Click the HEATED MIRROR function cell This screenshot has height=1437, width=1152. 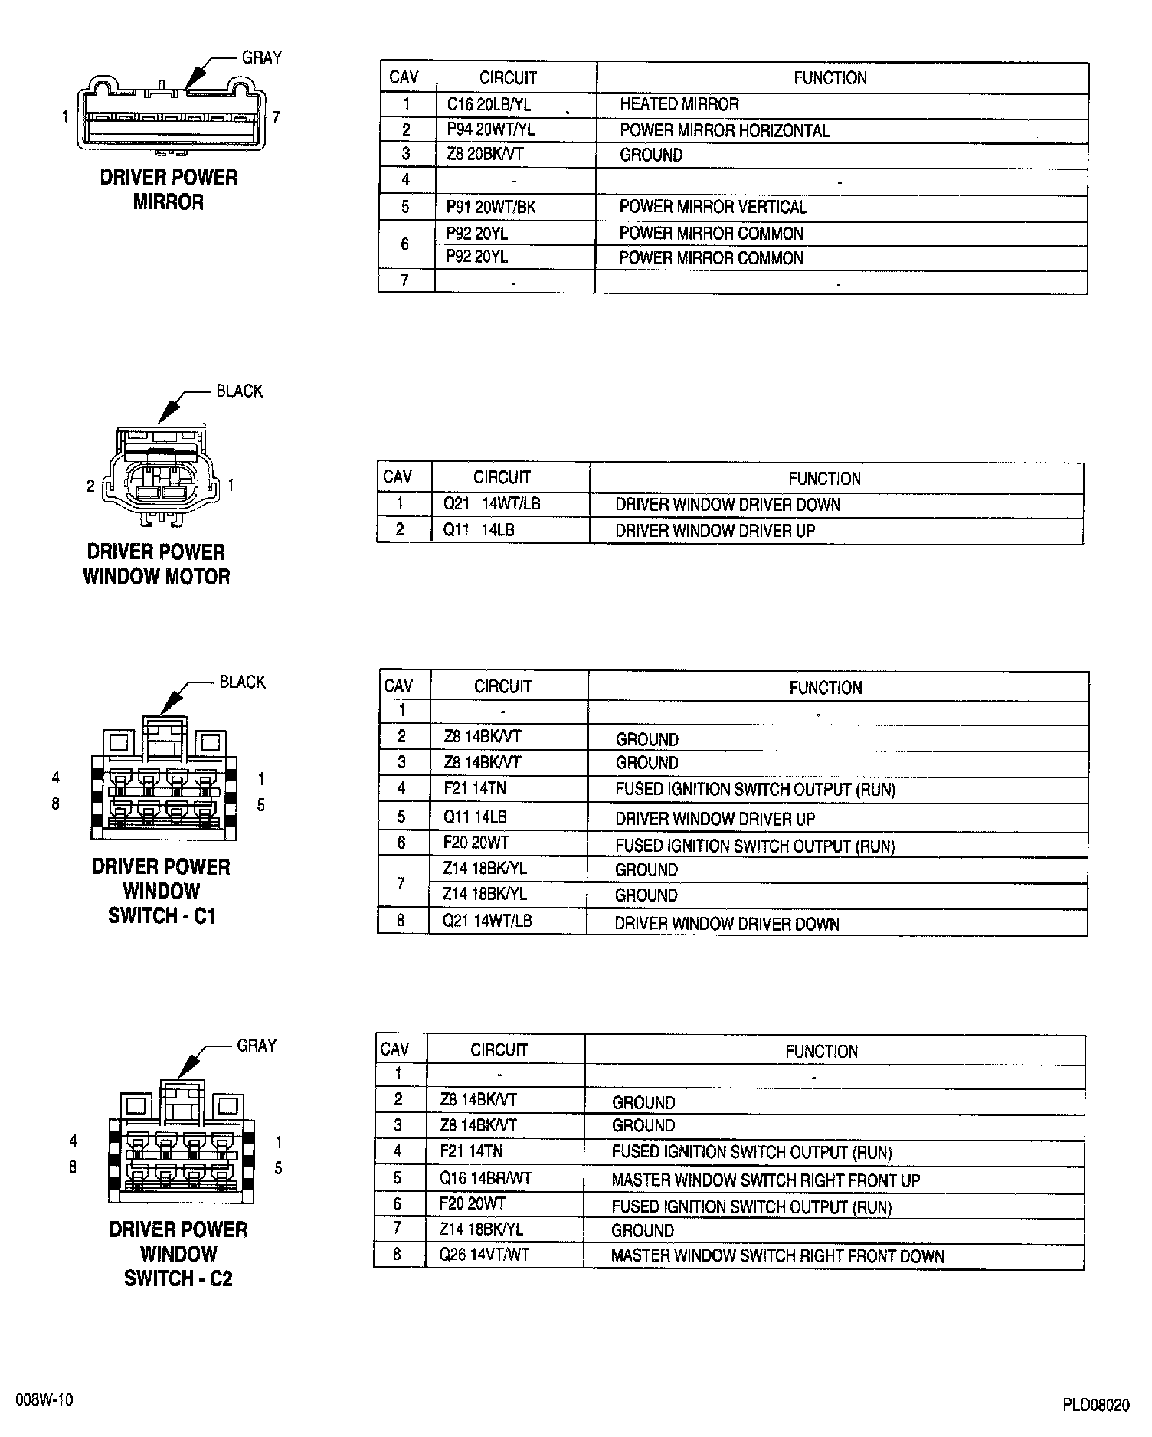[679, 104]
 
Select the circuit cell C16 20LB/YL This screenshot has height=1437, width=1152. [489, 105]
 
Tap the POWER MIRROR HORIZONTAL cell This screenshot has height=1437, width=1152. [724, 131]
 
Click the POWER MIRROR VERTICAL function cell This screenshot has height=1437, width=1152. [712, 207]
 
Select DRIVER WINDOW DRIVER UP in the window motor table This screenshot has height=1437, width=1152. [715, 530]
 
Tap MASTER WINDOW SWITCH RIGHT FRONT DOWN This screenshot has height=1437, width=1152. [777, 1256]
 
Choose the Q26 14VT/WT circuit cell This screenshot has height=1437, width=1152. [484, 1255]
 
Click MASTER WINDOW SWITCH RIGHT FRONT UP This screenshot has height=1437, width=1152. [765, 1180]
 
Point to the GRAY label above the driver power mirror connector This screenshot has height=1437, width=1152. [262, 57]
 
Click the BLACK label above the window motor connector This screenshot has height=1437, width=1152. [239, 391]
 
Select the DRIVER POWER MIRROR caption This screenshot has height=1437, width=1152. [169, 190]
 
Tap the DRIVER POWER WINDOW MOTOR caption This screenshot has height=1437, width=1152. [156, 564]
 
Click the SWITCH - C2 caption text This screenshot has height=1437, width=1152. [178, 1278]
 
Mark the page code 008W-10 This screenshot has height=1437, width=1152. [45, 1399]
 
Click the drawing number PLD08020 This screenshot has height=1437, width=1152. [1095, 1405]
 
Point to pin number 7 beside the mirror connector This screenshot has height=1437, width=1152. [276, 117]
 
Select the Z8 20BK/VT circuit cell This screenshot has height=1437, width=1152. [485, 155]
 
